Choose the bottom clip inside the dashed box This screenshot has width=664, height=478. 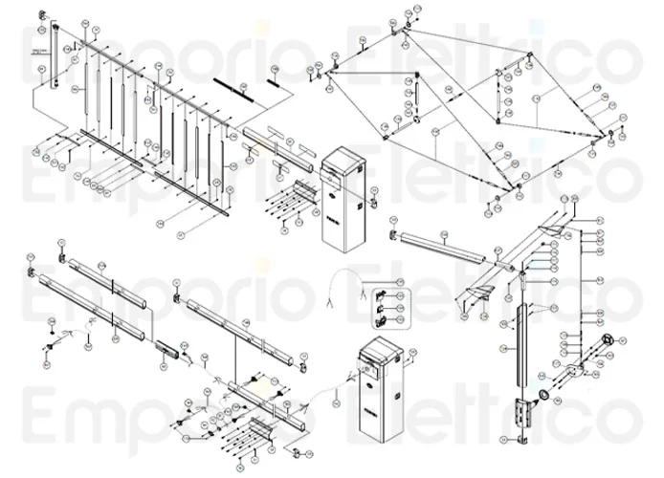[x=381, y=323]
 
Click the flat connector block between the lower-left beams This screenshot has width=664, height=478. [x=166, y=348]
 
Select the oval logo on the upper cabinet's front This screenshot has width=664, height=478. [x=331, y=188]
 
